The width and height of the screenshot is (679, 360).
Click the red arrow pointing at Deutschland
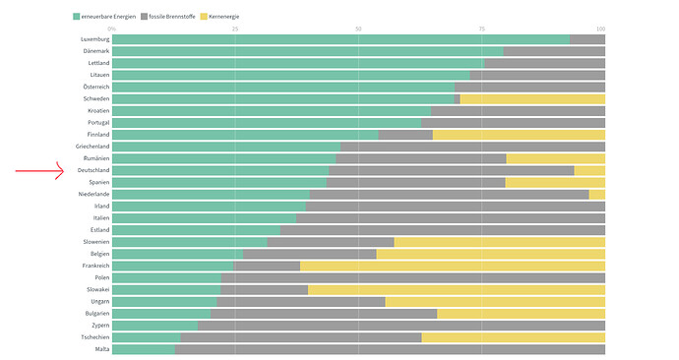39,171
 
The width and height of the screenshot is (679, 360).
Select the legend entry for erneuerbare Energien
104,17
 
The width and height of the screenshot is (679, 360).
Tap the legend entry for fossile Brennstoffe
168,17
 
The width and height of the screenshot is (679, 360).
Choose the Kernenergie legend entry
219,17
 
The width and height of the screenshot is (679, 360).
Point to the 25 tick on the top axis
235,29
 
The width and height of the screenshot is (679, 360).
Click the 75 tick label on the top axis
481,29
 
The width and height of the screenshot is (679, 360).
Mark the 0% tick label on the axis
112,29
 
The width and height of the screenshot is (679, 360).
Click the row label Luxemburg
94,39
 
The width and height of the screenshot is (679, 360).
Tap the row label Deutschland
93,170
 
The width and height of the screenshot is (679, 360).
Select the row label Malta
102,349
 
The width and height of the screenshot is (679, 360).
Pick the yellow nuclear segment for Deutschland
589,170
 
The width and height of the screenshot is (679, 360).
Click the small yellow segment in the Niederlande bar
596,195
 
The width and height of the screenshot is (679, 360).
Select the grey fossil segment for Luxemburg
587,39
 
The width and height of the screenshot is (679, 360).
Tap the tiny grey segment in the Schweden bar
457,99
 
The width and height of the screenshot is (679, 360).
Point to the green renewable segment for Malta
144,349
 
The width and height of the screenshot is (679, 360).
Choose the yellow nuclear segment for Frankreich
453,266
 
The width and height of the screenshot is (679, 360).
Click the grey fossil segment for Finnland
405,135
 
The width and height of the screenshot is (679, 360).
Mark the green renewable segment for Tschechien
147,337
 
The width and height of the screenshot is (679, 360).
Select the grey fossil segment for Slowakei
264,289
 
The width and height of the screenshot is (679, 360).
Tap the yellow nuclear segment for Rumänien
556,158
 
